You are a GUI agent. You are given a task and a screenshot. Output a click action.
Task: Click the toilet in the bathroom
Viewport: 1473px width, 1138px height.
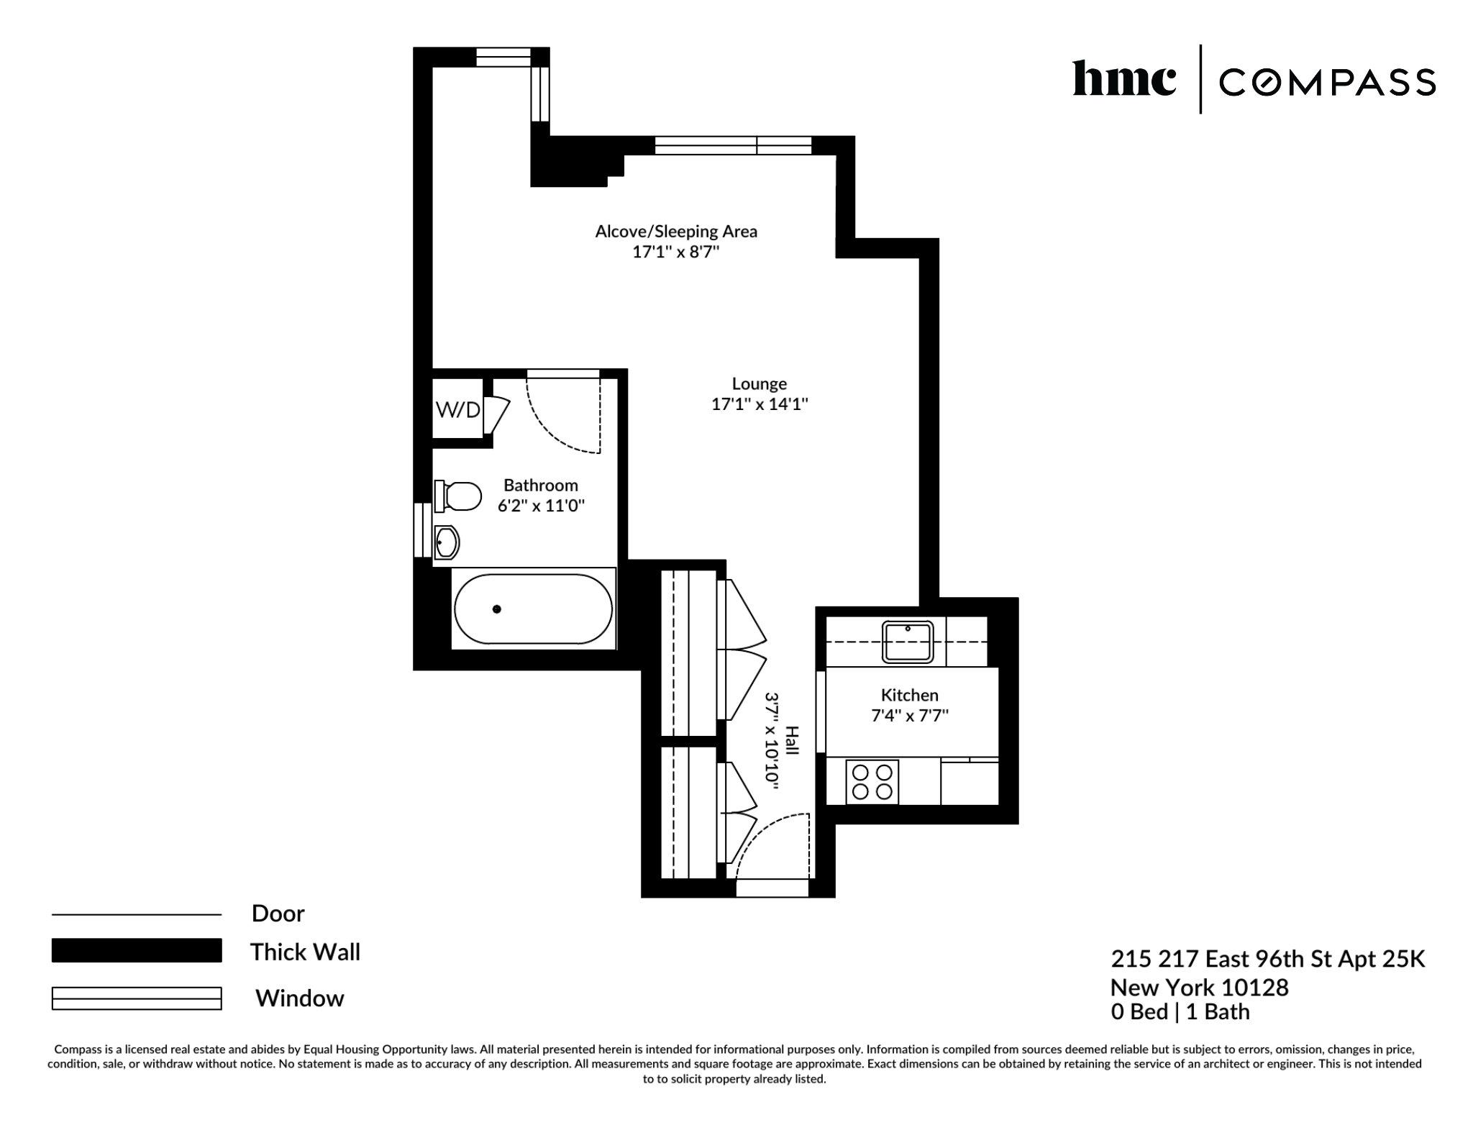459,496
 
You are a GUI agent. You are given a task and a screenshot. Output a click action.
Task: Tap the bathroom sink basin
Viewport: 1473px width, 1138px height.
447,542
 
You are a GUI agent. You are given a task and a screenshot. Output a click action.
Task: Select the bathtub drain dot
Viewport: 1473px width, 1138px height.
496,609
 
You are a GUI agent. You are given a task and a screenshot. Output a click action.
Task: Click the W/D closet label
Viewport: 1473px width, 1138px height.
457,410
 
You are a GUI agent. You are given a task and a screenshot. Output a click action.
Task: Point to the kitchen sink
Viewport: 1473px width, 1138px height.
908,642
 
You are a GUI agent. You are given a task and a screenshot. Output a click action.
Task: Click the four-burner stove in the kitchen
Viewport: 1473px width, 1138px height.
872,782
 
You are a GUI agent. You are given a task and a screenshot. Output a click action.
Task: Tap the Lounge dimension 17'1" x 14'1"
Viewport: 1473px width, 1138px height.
760,404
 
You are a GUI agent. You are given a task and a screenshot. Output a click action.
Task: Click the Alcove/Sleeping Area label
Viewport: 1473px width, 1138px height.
676,232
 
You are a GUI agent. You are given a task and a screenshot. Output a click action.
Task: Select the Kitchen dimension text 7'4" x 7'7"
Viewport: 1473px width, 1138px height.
910,716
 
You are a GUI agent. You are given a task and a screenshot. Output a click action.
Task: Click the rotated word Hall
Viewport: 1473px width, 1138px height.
791,741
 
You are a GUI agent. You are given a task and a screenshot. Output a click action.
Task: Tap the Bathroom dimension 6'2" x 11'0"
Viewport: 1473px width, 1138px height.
541,506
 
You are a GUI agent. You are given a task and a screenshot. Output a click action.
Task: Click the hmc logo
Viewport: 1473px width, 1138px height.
1123,79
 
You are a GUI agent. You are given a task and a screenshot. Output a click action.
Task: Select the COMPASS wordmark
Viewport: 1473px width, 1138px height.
1327,83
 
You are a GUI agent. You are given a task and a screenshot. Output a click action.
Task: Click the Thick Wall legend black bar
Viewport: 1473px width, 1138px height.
137,950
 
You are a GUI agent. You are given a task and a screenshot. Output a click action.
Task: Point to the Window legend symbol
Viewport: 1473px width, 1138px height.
137,998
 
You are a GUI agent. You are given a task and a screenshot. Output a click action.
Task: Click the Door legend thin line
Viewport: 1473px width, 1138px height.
137,914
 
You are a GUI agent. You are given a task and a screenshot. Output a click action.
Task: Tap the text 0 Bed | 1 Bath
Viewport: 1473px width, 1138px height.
1180,1012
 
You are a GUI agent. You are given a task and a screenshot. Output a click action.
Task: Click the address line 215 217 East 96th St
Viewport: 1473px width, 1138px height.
1267,959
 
